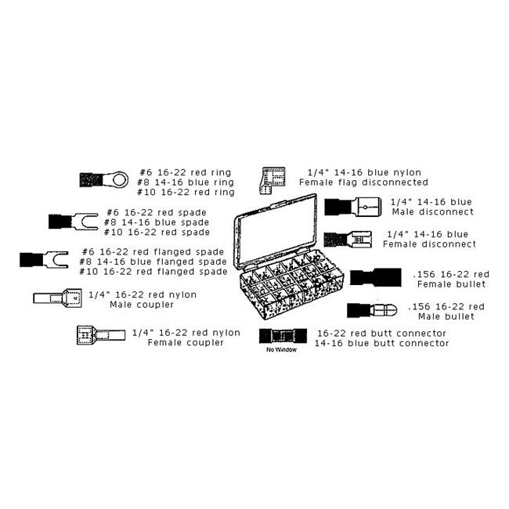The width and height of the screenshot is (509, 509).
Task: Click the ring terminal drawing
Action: (104, 179)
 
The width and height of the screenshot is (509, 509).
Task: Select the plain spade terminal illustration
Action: (74, 222)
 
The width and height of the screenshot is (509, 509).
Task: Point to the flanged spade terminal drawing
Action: (44, 259)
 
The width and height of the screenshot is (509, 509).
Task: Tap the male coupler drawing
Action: (57, 298)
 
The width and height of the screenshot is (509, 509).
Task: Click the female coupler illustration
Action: (101, 335)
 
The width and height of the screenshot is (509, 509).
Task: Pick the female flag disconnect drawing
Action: (273, 180)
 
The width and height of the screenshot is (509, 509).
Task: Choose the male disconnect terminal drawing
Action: (353, 207)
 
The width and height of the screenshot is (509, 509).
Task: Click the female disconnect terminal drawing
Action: (348, 240)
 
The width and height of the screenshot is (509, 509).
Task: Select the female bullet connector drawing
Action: (376, 277)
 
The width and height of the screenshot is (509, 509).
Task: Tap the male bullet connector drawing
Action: (372, 311)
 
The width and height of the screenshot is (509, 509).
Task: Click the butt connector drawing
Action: (283, 336)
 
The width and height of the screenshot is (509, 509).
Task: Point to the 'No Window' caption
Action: (281, 349)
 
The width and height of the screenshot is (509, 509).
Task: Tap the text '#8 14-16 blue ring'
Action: (186, 182)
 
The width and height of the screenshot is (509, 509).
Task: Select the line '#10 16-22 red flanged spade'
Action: (153, 272)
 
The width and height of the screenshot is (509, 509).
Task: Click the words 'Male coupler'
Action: (142, 305)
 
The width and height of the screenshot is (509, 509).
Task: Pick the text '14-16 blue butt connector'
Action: (382, 344)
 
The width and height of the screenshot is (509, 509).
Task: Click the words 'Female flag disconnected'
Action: (363, 182)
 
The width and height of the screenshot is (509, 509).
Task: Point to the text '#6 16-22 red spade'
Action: (157, 213)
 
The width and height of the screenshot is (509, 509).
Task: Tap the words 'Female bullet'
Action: (452, 284)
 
